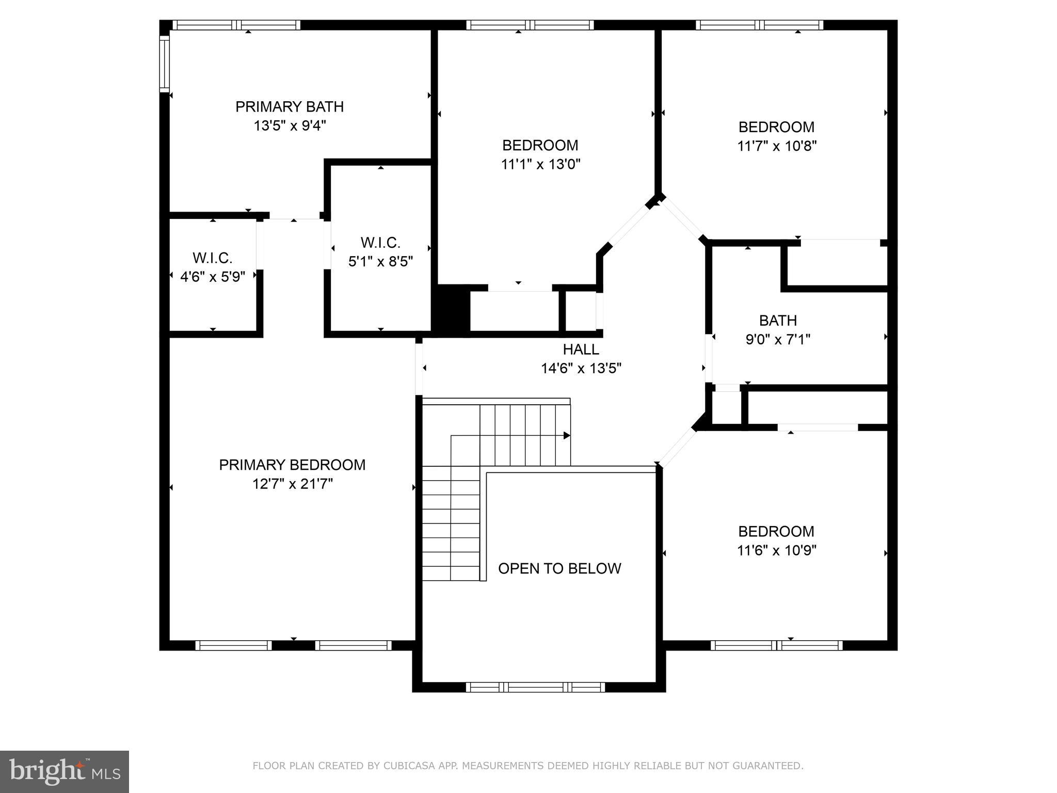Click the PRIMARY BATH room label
pos(289,107)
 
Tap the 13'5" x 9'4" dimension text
pos(289,126)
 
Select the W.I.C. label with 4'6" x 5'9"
pos(212,258)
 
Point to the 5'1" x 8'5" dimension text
pos(380,262)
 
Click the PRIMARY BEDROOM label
pos(292,465)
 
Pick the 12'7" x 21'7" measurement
pos(292,484)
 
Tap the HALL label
pos(581,350)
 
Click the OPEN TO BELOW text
pos(559,568)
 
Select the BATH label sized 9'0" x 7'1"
pos(778,321)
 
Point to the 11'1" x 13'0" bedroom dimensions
pos(540,165)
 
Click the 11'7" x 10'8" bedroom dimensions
pos(776,146)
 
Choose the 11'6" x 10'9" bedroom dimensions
pos(776,550)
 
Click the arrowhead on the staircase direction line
pos(567,436)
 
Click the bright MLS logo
pos(64,772)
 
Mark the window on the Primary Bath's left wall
pos(165,64)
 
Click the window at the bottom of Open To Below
pos(535,687)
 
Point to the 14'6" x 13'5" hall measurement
pos(581,369)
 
